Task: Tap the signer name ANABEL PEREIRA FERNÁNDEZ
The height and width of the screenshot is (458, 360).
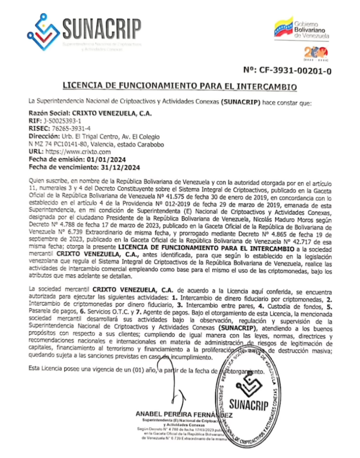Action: [185, 414]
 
